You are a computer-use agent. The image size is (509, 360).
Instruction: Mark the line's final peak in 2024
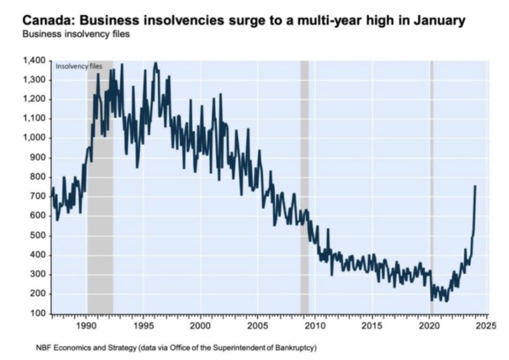475,186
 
